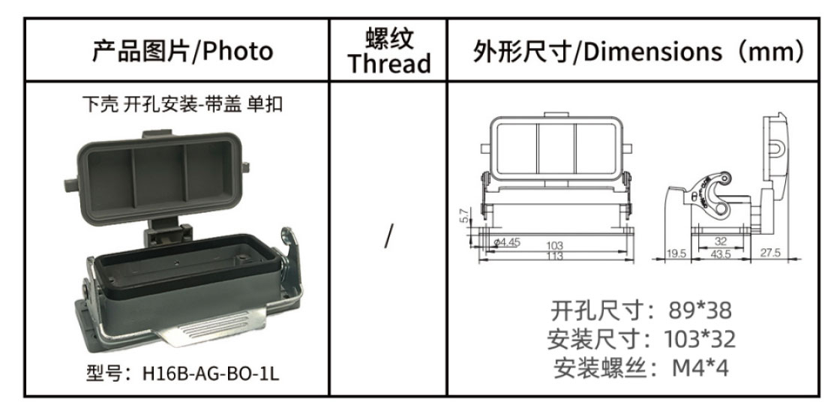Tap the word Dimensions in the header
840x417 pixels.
click(x=652, y=52)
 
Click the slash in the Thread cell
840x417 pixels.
click(x=388, y=236)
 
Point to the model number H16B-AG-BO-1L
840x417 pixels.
click(x=211, y=373)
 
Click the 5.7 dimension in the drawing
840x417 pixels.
click(x=464, y=215)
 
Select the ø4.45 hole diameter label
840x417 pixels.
click(x=506, y=242)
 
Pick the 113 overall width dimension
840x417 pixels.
click(x=555, y=256)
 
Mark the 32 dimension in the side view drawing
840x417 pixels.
click(x=721, y=242)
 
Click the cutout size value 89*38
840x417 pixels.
click(x=700, y=310)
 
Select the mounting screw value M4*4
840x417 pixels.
click(x=700, y=368)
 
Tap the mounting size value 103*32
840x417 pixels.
click(x=700, y=339)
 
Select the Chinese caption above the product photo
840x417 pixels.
click(x=182, y=104)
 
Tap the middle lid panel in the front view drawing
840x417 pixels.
click(x=556, y=149)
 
